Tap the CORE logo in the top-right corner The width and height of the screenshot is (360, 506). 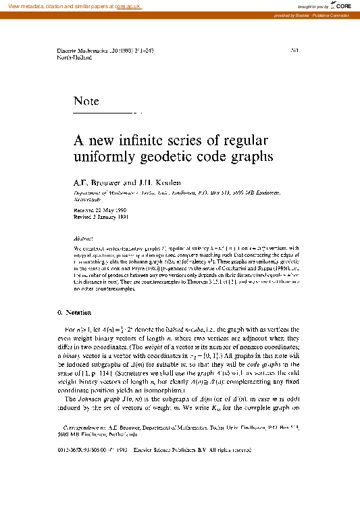(x=342, y=6)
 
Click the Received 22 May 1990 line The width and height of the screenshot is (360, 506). (x=101, y=211)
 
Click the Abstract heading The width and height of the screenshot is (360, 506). (x=83, y=238)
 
